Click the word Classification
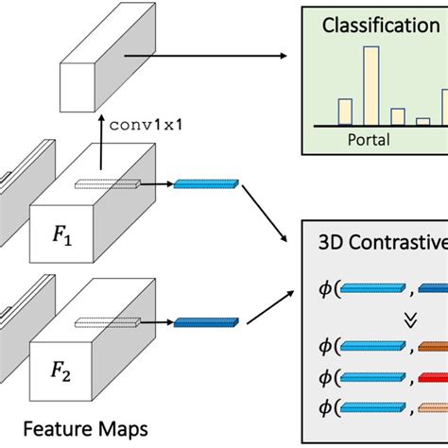point(380,26)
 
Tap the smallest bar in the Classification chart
point(422,121)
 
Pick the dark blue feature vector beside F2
point(205,323)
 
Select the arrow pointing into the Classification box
point(217,56)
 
